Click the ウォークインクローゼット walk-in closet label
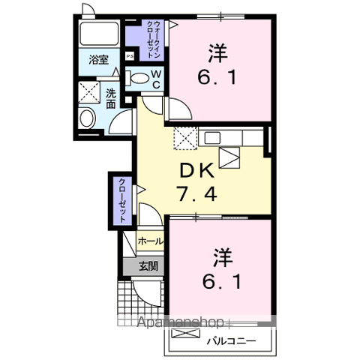148,34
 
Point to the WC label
156,78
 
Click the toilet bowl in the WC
139,77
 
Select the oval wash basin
88,118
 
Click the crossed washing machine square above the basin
90,93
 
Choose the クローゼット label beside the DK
121,200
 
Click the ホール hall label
151,242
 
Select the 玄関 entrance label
148,266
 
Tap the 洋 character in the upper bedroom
217,54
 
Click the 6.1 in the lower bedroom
218,283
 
